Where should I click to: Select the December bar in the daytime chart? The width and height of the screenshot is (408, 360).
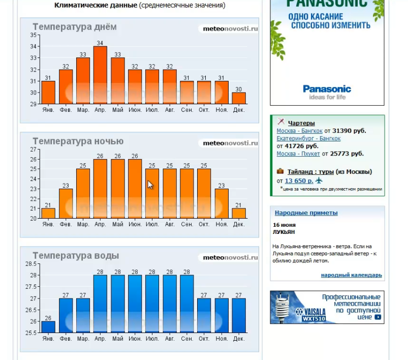tap(239, 98)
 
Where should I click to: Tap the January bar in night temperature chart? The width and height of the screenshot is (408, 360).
tap(48, 213)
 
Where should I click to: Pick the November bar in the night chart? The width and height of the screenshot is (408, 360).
tap(222, 203)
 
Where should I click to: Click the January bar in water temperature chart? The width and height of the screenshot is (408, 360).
tap(48, 327)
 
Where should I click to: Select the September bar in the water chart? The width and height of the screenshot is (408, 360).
tap(186, 304)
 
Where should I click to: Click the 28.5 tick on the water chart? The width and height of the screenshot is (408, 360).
tap(31, 264)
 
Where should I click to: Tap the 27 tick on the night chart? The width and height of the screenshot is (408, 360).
tap(34, 149)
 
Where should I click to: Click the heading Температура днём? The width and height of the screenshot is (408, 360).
tap(74, 27)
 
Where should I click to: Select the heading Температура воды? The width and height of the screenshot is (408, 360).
tap(76, 256)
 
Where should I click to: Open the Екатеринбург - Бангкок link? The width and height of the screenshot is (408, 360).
tap(308, 138)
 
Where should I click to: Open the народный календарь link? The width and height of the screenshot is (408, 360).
tap(351, 275)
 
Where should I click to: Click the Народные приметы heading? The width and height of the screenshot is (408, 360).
tap(306, 213)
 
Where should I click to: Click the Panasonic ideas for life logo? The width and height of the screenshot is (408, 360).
tap(327, 92)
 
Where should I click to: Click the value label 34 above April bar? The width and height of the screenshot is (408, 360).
tap(100, 43)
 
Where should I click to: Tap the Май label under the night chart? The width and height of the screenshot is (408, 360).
tap(117, 224)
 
